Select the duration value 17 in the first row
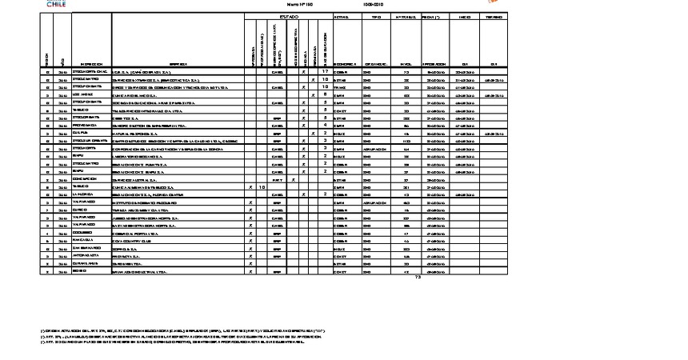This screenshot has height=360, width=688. pos(325,72)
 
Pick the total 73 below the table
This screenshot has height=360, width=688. pos(417,277)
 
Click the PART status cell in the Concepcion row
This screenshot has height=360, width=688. pos(277,179)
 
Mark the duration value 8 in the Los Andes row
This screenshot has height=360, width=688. pos(325,95)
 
